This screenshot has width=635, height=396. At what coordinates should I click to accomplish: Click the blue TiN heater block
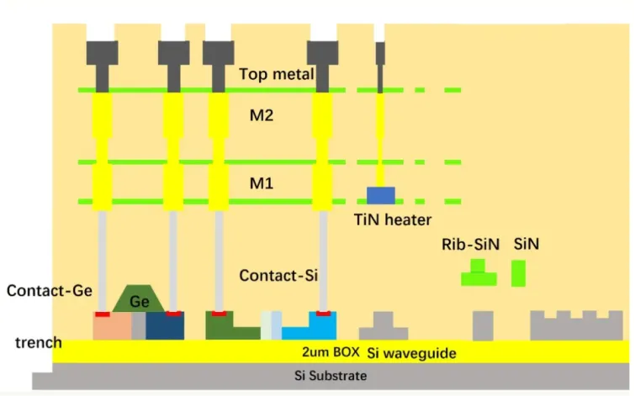(380, 195)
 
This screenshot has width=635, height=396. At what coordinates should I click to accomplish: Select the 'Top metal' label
(277, 75)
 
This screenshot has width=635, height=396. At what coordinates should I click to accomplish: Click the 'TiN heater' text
(392, 220)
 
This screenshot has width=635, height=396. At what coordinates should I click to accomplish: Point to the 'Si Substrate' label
(331, 376)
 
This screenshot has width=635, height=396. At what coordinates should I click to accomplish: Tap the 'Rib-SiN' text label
(470, 246)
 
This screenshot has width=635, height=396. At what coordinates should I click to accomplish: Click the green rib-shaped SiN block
(478, 274)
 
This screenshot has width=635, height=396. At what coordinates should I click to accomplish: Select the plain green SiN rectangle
(518, 273)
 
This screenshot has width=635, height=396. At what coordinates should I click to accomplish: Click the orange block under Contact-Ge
(112, 327)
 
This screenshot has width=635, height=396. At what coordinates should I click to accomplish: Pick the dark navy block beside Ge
(166, 327)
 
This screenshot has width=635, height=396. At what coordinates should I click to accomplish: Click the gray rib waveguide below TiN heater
(384, 325)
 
